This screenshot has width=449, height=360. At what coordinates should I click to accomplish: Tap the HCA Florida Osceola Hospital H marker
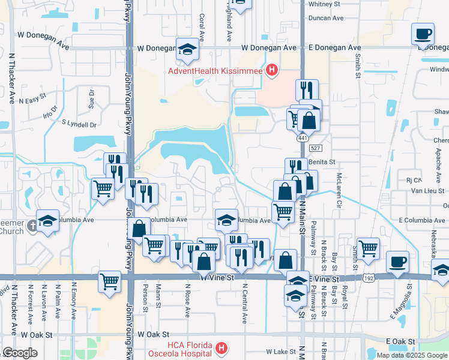tap(221, 348)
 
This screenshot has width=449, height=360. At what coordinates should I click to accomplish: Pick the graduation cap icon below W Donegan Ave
tap(187, 49)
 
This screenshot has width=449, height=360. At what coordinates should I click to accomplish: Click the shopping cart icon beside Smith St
tap(367, 247)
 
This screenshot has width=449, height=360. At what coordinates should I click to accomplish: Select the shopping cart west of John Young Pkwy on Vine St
tap(109, 280)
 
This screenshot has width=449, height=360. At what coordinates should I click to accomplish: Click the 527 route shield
tap(316, 148)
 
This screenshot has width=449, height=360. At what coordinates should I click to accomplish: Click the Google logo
tap(19, 353)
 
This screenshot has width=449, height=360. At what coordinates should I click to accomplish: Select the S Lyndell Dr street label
tap(79, 124)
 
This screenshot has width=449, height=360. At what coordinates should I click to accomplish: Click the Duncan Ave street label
tap(327, 18)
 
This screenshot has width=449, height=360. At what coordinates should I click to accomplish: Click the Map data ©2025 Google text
tap(412, 355)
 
